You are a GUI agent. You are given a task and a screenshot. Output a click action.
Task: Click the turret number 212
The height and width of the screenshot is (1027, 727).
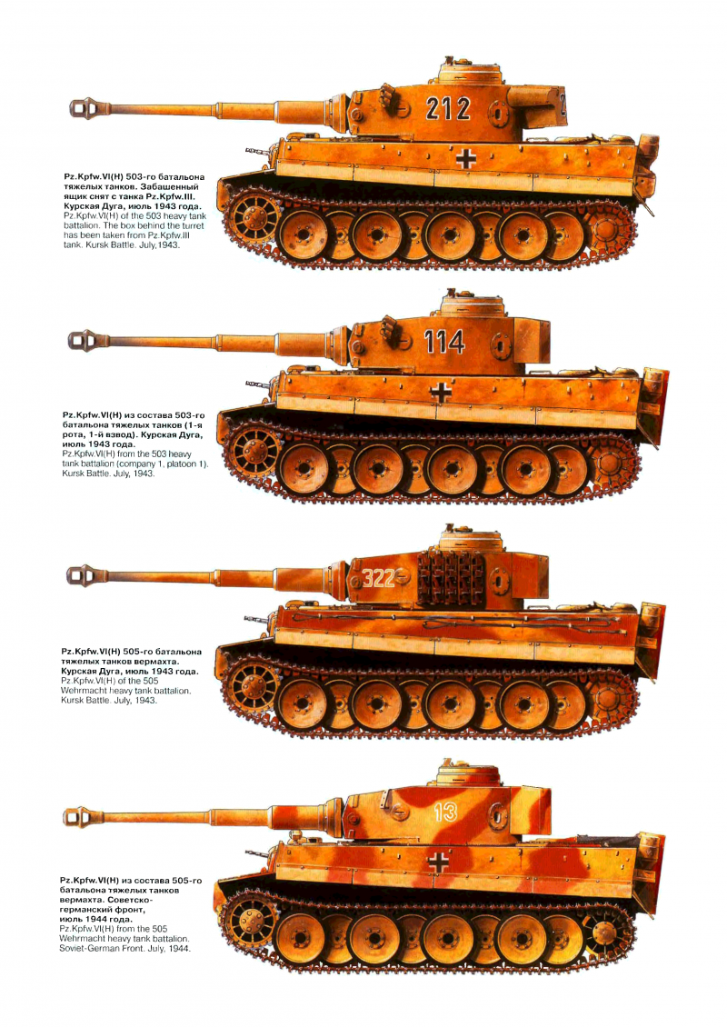tap(448, 109)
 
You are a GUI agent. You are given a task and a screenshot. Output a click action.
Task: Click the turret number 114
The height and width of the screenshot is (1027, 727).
tap(444, 342)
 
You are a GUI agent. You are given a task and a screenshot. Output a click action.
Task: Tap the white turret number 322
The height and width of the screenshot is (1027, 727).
tap(379, 578)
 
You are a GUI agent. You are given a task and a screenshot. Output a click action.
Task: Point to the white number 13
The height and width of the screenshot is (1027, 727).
tap(444, 813)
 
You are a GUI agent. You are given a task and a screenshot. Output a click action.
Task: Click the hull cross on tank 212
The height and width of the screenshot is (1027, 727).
tap(465, 158)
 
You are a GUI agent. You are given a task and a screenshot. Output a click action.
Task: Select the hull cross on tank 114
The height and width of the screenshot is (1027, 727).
tap(441, 393)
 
